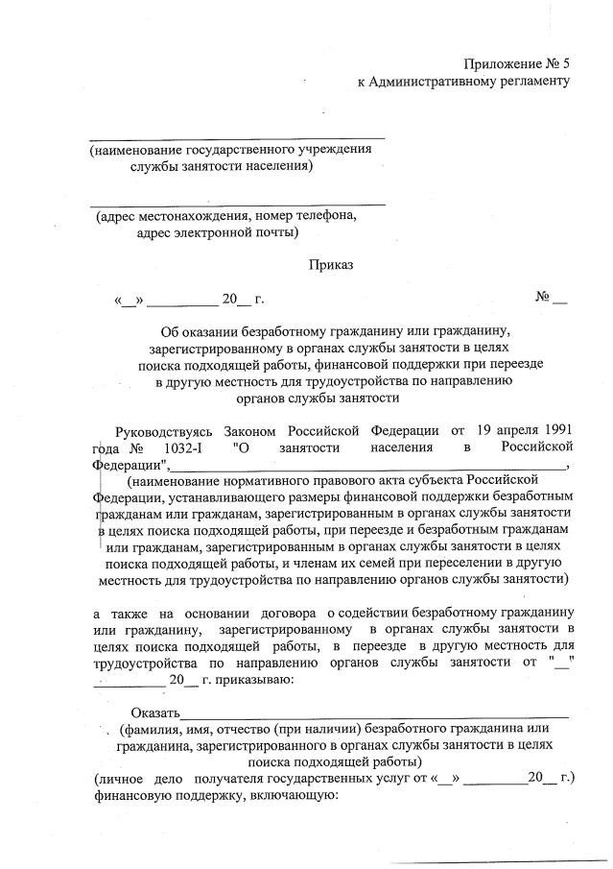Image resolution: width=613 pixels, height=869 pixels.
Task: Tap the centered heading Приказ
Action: coord(331,263)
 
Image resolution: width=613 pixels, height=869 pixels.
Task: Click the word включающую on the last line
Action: coord(287,794)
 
